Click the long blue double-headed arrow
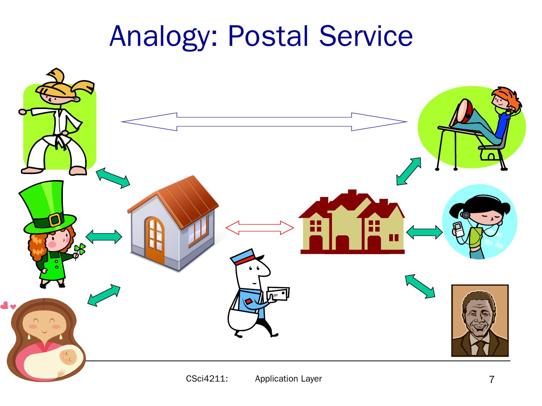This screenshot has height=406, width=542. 264,122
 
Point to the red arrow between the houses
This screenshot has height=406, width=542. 260,228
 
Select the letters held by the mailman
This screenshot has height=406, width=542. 279,294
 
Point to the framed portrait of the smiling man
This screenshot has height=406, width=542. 480,320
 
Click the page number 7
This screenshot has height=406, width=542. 492,380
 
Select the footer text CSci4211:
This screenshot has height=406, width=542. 207,379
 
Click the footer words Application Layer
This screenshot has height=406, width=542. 288,379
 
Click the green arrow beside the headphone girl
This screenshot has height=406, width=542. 424,232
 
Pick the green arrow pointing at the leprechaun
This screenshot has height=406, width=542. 104,236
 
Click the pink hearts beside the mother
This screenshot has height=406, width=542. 8,305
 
